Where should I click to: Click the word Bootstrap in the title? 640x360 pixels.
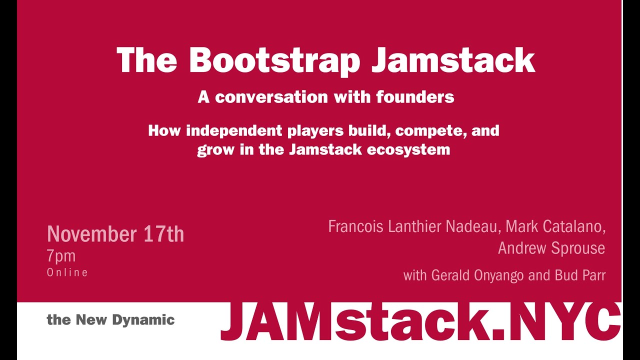coord(274,60)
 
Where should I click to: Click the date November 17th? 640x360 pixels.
coord(115,234)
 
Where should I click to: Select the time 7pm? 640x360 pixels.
coord(61,256)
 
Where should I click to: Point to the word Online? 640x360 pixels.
coord(67,272)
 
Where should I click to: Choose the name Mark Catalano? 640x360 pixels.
coord(555,226)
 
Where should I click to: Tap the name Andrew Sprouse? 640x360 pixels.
coord(551,248)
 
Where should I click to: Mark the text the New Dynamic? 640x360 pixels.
coord(110,320)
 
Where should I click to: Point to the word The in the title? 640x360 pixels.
coord(146,60)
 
